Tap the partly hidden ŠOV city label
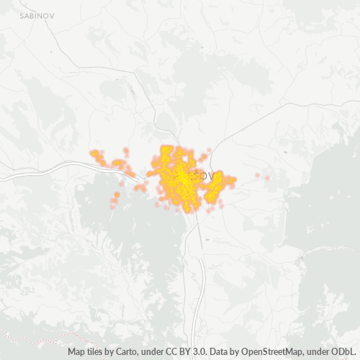204,175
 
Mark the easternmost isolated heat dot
267,178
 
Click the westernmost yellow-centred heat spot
94,153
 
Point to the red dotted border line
43,338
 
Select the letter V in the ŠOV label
211,175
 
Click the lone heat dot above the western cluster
125,150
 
